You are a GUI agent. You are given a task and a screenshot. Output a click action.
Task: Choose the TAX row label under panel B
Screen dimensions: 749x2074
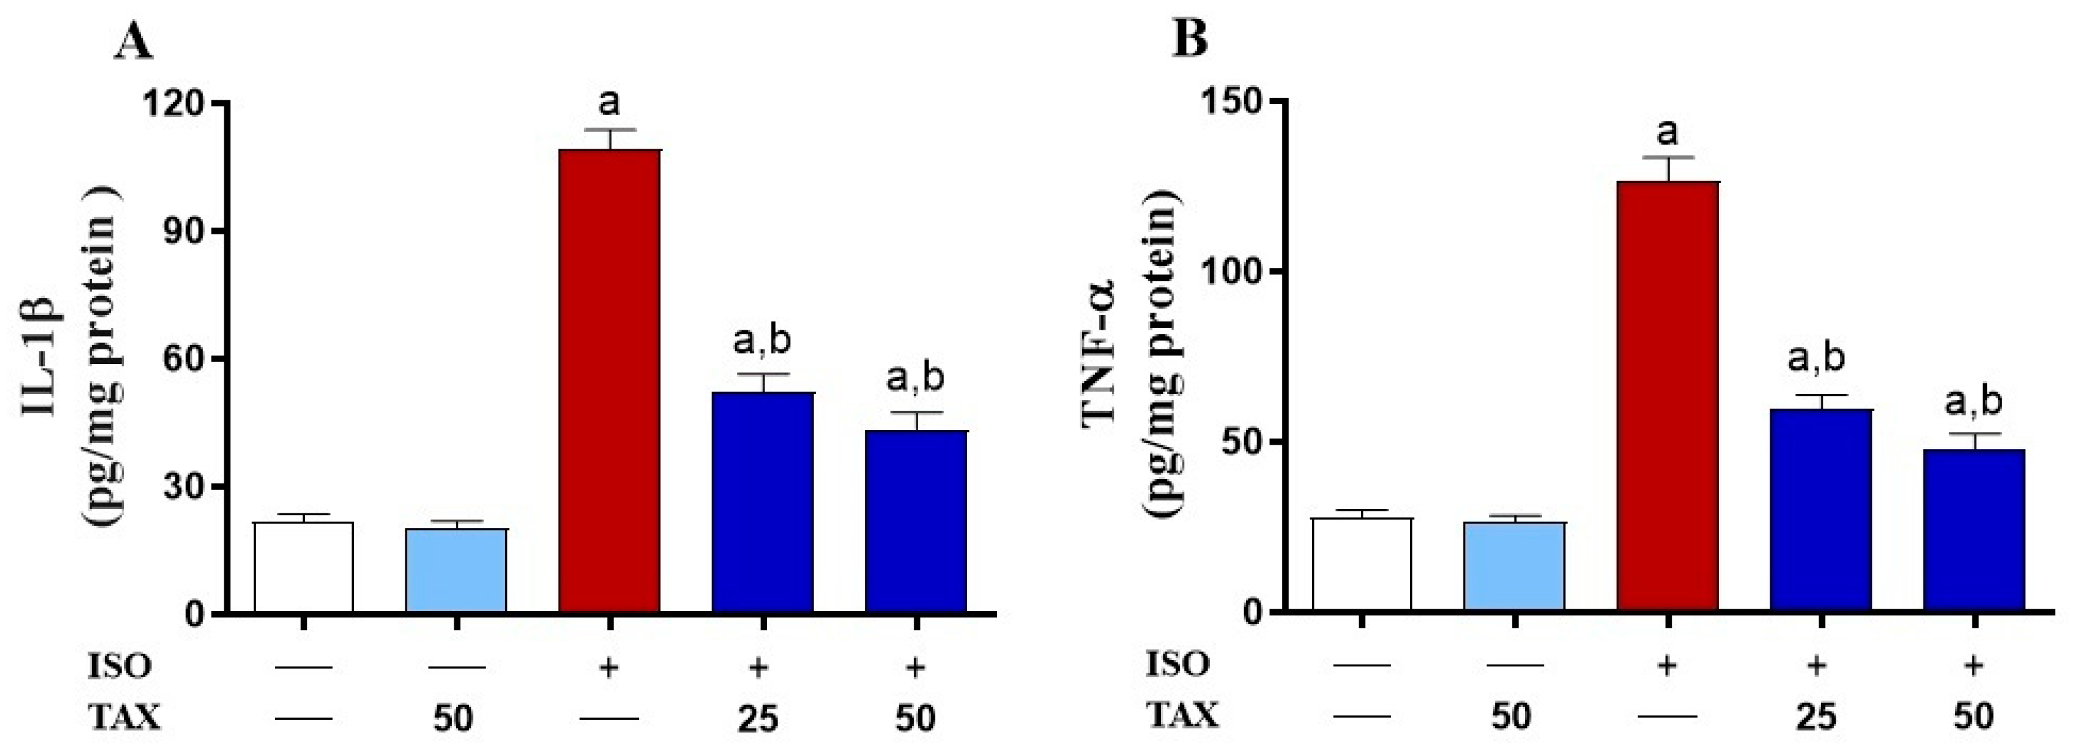(1181, 713)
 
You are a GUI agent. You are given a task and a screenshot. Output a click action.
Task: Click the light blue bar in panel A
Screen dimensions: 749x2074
(456, 570)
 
